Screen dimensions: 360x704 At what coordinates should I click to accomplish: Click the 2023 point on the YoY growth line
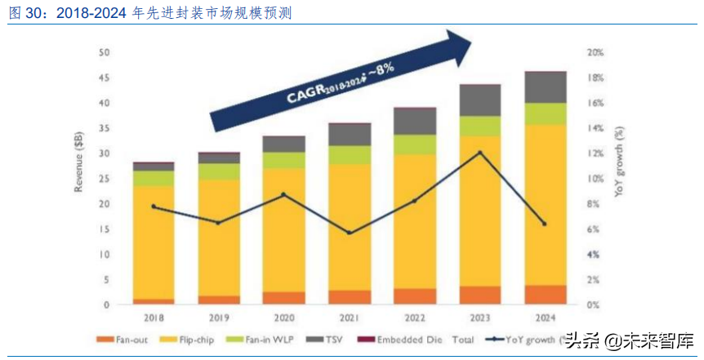point(480,153)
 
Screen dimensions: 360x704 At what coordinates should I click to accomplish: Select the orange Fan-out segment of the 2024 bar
point(544,295)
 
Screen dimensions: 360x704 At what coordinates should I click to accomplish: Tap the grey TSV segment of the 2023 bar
point(480,100)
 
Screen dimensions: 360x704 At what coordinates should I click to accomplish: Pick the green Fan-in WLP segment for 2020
point(283,160)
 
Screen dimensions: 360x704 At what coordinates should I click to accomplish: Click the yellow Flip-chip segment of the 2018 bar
point(154,242)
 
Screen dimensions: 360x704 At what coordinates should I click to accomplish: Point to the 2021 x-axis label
point(350,317)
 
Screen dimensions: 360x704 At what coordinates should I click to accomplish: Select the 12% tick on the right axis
point(595,153)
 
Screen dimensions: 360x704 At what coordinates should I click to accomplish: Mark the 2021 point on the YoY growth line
point(350,233)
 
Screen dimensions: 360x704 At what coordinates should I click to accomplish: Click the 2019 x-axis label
point(218,317)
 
